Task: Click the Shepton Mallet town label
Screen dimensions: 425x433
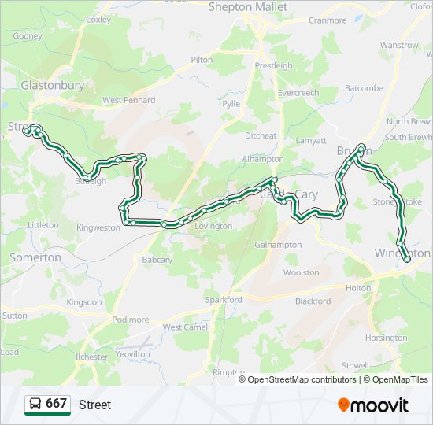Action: pos(248,7)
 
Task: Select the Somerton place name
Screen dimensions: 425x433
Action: pos(35,257)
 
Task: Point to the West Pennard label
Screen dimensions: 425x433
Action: pos(128,101)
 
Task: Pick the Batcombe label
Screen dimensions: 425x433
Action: pos(363,89)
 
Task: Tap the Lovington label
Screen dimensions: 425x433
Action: pos(213,227)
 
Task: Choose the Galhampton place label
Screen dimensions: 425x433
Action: pos(278,245)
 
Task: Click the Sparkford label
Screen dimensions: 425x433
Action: pos(223,300)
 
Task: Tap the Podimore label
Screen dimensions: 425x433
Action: pos(131,320)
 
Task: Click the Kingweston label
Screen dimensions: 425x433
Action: pos(98,228)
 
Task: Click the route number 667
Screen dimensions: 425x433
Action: pos(56,404)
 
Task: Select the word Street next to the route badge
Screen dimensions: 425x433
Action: pos(94,405)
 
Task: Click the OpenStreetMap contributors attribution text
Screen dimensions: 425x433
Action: pos(302,379)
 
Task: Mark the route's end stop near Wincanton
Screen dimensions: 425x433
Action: pos(406,259)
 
